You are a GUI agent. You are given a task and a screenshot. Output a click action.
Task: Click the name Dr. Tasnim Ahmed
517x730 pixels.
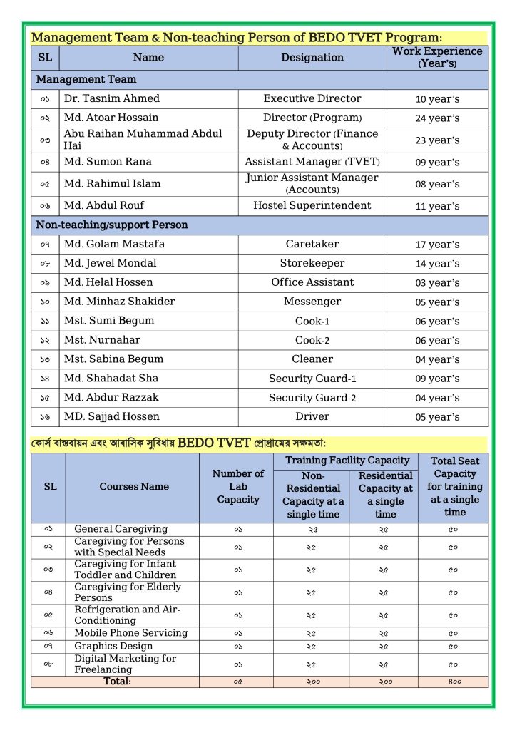coord(111,98)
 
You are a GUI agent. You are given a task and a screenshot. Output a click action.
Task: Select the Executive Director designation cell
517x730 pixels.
coord(312,98)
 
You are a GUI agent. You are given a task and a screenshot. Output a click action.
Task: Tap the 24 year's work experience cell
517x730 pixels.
coord(437,118)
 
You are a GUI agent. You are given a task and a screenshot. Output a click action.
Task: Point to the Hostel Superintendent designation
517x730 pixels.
coord(312,205)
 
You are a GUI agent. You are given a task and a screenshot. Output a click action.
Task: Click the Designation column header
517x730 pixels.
coord(312,58)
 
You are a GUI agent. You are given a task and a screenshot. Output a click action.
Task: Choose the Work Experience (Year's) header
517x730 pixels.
coord(437,58)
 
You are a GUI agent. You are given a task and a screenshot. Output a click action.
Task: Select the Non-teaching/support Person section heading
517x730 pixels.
coord(112,225)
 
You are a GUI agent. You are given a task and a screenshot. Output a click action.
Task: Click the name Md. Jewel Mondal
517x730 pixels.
coord(110,263)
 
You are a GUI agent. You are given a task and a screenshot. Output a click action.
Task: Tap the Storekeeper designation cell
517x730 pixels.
coord(312,263)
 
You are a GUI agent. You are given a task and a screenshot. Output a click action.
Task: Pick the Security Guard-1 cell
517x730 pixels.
coord(312,379)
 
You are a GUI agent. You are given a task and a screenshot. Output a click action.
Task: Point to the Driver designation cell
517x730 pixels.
coord(312,416)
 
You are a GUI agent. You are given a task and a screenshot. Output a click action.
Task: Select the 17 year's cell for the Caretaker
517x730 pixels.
coord(437,245)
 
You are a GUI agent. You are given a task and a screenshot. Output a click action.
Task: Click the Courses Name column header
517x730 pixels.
coord(134,487)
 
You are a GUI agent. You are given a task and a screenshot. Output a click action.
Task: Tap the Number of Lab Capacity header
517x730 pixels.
coord(237,487)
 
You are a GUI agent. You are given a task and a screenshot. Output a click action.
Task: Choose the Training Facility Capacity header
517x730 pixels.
coord(347,461)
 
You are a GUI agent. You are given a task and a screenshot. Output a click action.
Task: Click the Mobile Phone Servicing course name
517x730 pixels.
coord(130,633)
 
